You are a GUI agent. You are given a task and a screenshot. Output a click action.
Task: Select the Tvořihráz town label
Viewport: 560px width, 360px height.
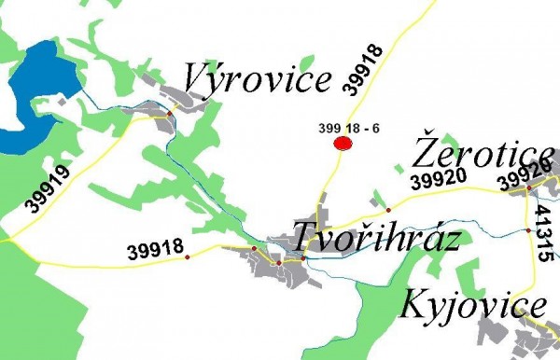point(376,238)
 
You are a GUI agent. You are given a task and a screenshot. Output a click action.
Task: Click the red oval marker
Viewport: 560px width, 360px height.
point(343,143)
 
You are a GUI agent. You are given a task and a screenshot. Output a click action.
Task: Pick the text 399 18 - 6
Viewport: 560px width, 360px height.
point(348,128)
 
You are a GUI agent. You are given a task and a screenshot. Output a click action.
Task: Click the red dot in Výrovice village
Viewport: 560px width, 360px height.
point(170,112)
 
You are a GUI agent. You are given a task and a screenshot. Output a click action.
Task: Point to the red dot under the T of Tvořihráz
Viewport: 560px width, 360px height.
point(303,257)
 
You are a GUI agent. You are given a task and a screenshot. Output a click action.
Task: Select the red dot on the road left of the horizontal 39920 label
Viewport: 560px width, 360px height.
point(388,210)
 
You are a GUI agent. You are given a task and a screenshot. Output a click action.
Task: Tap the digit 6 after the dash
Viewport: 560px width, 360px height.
point(375,128)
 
